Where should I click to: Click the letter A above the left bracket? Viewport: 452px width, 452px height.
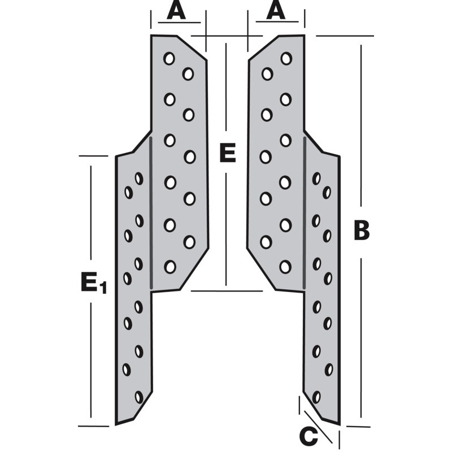point(176,11)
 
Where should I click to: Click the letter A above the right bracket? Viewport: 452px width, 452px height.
point(276,11)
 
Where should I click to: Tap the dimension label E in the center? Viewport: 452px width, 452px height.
point(227,153)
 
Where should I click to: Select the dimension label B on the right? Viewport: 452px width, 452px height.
point(362,231)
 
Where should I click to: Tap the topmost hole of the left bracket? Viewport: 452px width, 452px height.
point(169,58)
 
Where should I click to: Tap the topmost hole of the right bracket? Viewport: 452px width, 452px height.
point(286,58)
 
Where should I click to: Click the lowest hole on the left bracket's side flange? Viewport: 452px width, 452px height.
point(139,397)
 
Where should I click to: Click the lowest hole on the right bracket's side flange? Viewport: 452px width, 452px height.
point(316,397)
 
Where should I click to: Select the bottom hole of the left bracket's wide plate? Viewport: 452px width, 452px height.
point(169,266)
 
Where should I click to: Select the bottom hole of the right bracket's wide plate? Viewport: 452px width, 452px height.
point(285,266)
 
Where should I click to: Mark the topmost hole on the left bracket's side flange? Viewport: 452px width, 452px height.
point(139,179)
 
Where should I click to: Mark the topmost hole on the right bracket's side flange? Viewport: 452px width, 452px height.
point(316,179)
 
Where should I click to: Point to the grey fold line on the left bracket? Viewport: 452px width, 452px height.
point(151,215)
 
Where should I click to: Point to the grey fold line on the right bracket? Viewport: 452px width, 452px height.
point(305,215)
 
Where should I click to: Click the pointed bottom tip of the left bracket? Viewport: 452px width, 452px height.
point(117,423)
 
